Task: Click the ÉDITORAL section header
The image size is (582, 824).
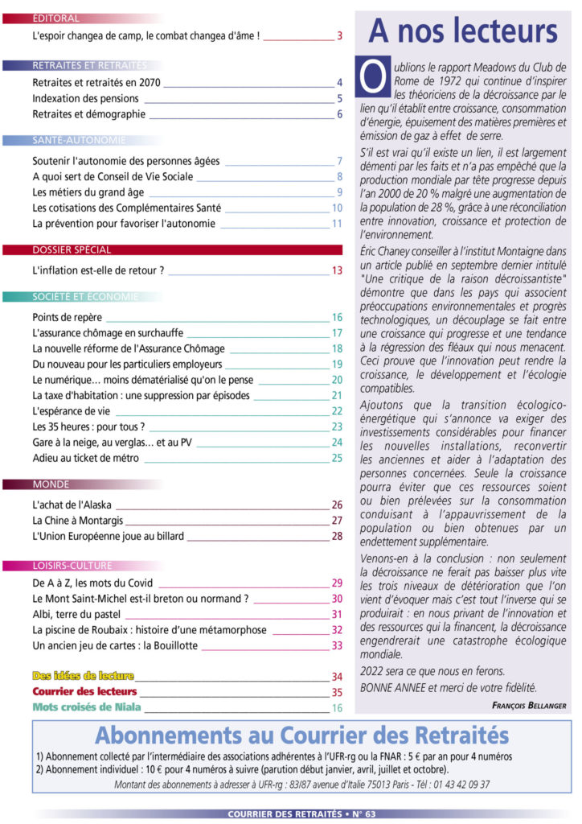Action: (x=56, y=19)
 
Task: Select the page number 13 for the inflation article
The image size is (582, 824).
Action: (x=337, y=270)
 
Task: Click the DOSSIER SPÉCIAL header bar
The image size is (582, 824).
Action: (x=72, y=250)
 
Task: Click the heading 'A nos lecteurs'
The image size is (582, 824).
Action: (x=462, y=31)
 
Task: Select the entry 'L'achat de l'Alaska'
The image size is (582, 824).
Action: (x=72, y=505)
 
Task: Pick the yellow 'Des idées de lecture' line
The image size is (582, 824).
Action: (x=83, y=676)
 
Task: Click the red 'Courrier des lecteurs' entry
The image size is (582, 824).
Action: (x=84, y=691)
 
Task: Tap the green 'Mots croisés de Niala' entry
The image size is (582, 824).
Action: (x=87, y=707)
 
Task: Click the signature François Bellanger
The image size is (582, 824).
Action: (x=529, y=705)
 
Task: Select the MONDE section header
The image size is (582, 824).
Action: (x=51, y=485)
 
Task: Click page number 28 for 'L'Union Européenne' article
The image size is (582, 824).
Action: (x=337, y=536)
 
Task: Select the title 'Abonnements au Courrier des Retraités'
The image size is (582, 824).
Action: (x=301, y=735)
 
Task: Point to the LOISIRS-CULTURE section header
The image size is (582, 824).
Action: (x=72, y=566)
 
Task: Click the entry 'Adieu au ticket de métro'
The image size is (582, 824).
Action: (x=86, y=458)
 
